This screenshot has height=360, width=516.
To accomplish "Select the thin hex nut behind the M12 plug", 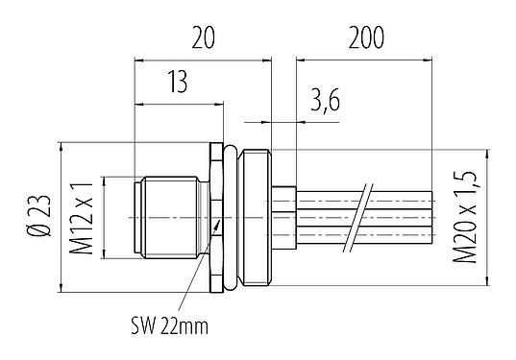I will pos(216,217).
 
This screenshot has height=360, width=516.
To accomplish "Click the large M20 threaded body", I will pos(258,217).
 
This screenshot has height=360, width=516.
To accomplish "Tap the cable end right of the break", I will pos(404,217).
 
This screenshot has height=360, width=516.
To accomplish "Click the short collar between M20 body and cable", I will pos(284,217).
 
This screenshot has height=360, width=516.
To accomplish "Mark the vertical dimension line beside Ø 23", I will pos(61,217).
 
